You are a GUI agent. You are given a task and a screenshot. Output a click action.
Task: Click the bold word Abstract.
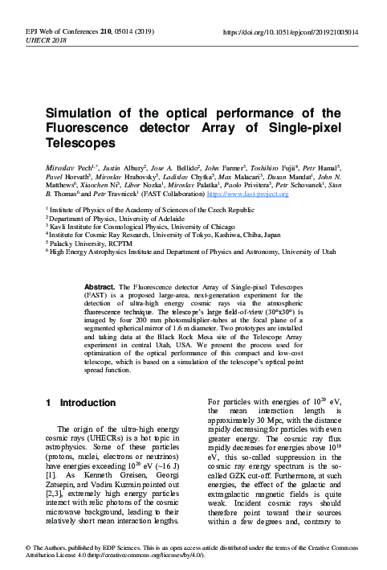(x=103, y=286)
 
